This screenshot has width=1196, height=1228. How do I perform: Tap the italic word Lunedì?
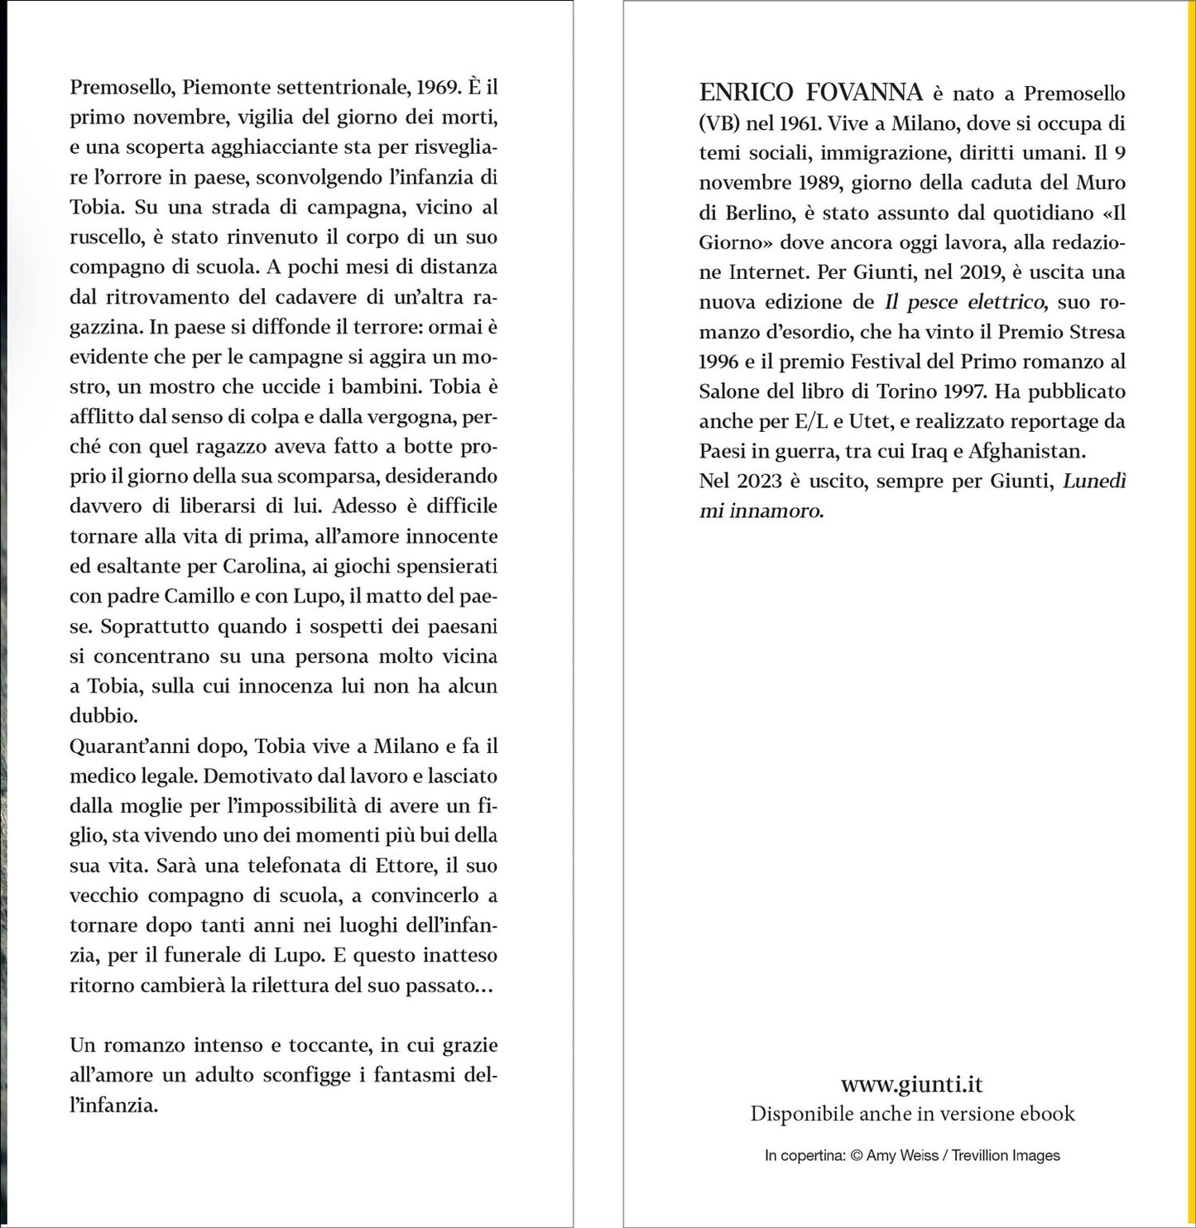(1094, 481)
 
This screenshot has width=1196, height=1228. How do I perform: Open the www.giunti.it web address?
(911, 1084)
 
